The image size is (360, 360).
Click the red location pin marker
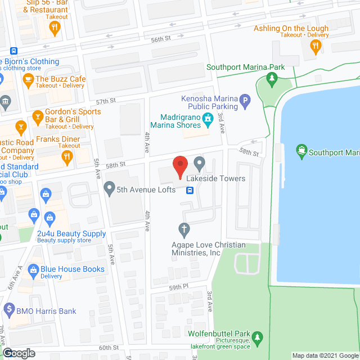point(179,166)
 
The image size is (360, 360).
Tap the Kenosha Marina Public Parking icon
point(245,102)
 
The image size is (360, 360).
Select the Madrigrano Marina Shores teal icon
point(208,118)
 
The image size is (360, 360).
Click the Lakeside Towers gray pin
point(199,164)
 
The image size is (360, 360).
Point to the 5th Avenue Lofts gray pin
point(109,190)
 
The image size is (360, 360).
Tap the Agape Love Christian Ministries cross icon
point(183,229)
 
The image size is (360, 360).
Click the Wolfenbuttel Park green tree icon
point(257,337)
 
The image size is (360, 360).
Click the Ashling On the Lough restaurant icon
point(316,46)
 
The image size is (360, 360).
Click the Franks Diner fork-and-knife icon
point(67,157)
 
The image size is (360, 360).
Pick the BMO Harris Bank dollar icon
point(8,309)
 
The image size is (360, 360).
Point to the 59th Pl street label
point(177,287)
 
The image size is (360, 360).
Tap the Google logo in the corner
point(18,353)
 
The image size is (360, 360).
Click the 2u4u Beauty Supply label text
point(71,233)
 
